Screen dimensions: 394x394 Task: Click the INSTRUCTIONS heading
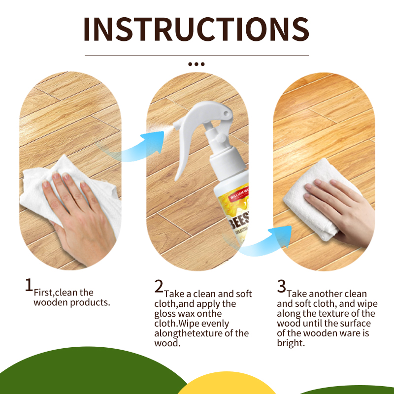tap(196, 30)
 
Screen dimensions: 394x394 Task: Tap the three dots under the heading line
tap(196, 64)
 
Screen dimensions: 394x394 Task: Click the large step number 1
tap(29, 285)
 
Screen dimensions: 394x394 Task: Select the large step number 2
tap(159, 286)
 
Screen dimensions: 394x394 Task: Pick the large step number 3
tap(282, 286)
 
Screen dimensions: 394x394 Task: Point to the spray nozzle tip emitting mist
tap(175, 125)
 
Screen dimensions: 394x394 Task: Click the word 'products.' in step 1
tap(90, 302)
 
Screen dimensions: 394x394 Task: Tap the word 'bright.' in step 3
tap(291, 343)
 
